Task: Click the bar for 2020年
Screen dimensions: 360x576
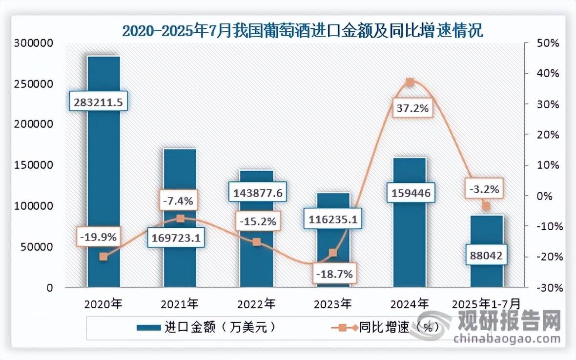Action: (x=103, y=171)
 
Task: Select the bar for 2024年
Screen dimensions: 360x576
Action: (x=410, y=234)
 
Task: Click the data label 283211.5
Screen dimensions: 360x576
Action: (x=98, y=102)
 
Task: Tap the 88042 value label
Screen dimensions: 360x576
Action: (x=485, y=255)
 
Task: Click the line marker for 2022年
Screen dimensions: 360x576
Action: (x=256, y=242)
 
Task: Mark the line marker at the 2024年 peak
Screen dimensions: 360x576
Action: (x=410, y=82)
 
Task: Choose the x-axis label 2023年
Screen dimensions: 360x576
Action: (x=333, y=304)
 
